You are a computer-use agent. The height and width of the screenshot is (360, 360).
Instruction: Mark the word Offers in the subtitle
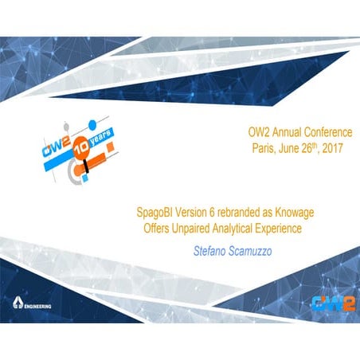(x=150, y=229)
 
